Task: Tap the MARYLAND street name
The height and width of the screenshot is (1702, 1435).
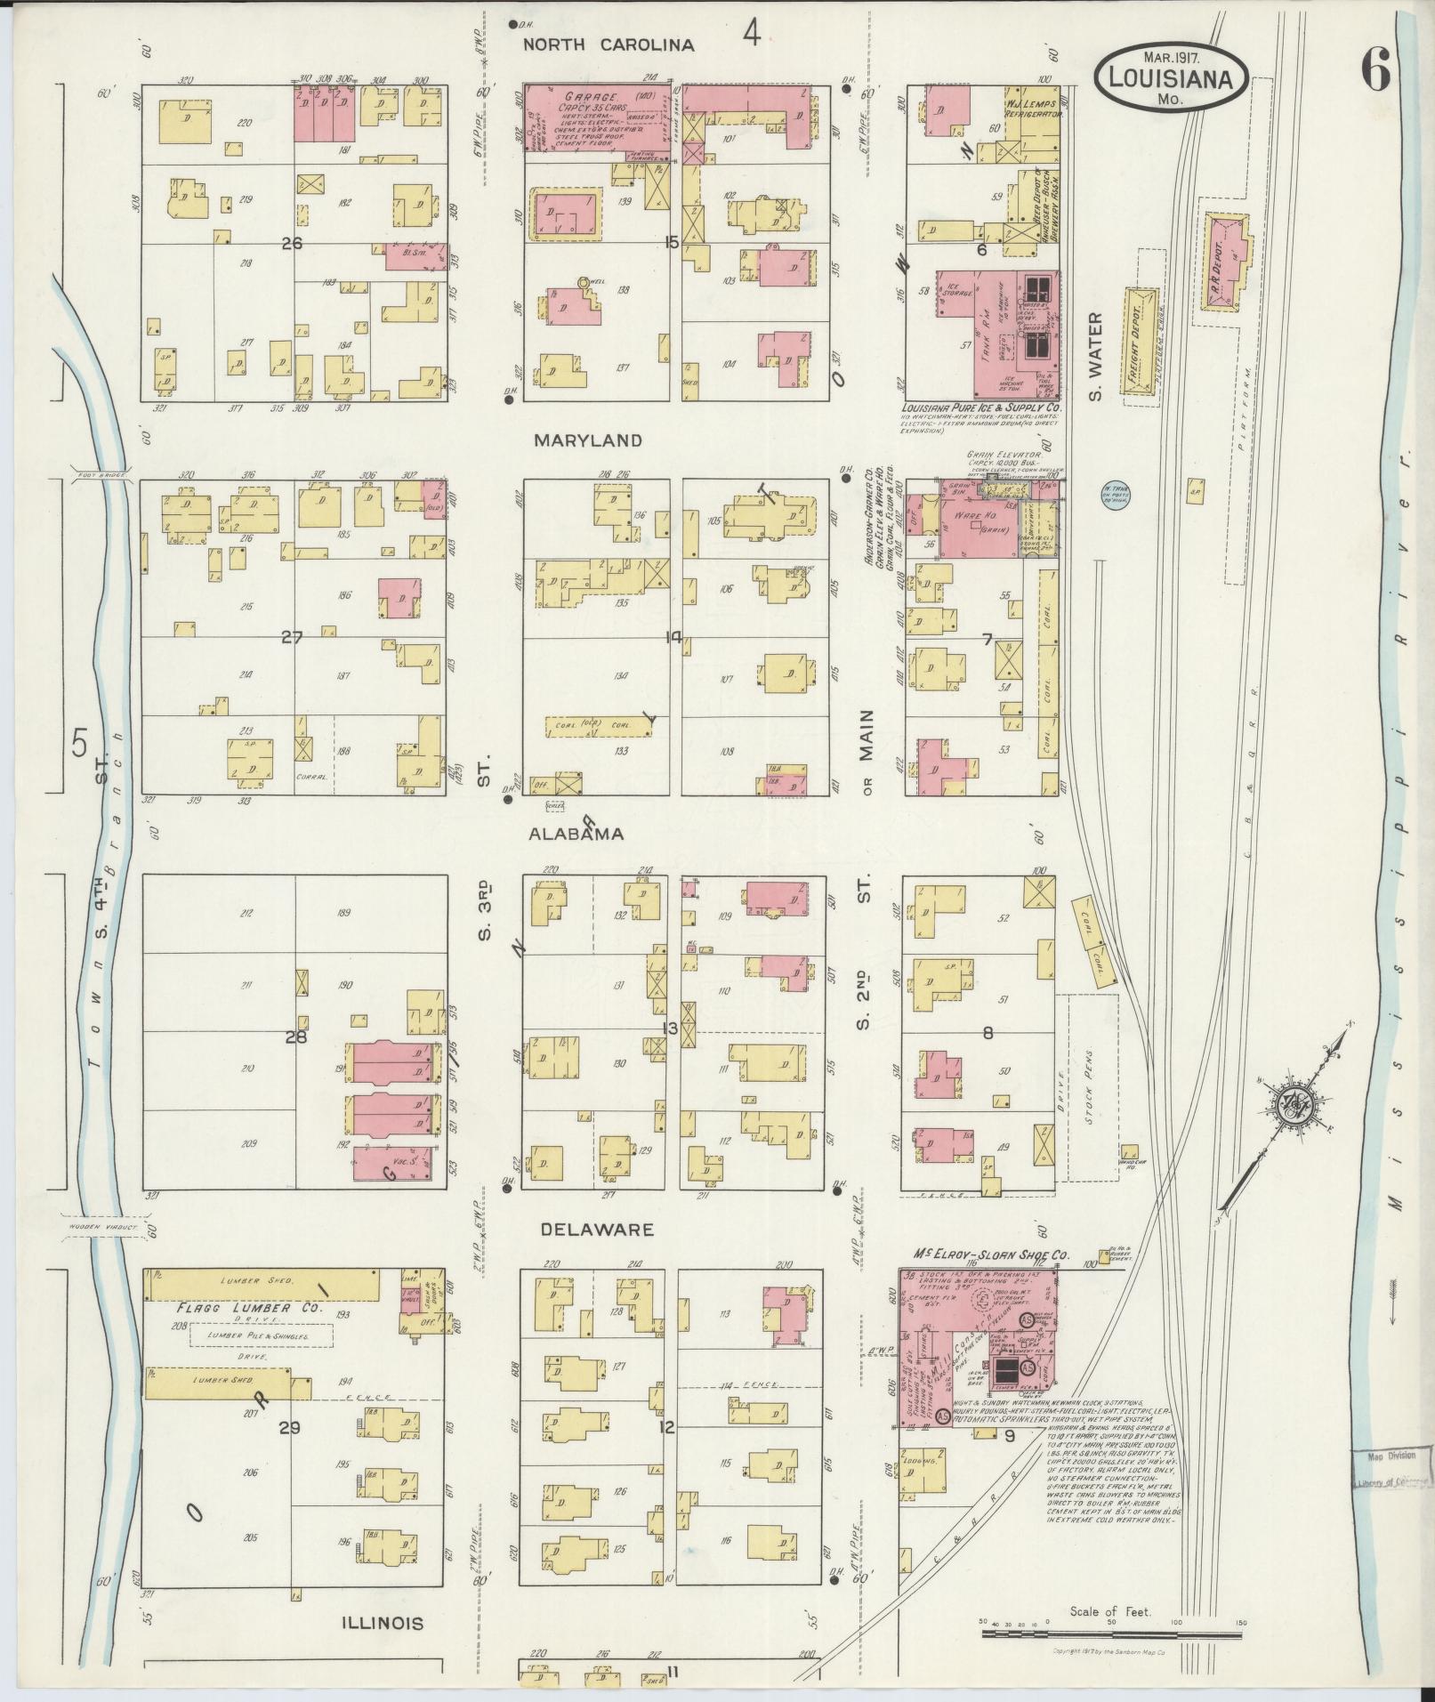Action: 587,440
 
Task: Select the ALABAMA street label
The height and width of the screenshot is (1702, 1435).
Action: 576,834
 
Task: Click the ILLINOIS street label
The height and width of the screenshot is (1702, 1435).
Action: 383,1623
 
